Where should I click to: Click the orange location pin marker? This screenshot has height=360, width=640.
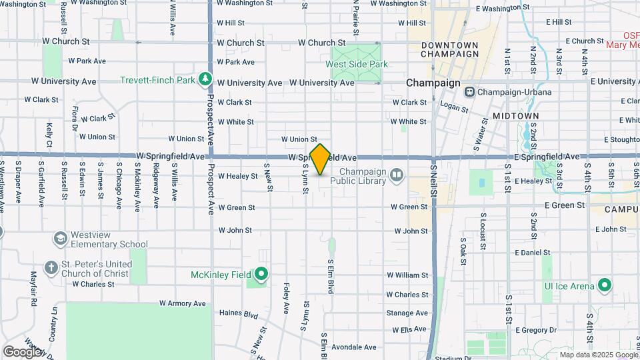[321, 159]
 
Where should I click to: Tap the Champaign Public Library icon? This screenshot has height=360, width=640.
[397, 175]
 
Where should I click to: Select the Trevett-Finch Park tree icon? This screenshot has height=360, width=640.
[205, 80]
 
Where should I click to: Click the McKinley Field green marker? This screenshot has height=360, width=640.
[261, 274]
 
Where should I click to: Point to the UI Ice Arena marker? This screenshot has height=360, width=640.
[605, 286]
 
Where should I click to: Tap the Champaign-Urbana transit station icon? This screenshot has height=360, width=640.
[470, 91]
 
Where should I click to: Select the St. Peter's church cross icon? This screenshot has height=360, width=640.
[51, 268]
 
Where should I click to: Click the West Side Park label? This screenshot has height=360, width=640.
[356, 64]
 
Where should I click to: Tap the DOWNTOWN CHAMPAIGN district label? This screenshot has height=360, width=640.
[450, 49]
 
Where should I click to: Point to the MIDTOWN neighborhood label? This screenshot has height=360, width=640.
[515, 116]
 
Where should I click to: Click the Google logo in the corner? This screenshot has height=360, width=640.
[21, 351]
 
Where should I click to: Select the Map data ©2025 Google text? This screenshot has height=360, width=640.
[599, 355]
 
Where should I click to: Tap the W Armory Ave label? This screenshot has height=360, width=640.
[183, 303]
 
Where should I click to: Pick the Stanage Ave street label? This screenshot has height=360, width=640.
[407, 313]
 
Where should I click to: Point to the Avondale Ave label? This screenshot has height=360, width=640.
[353, 347]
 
